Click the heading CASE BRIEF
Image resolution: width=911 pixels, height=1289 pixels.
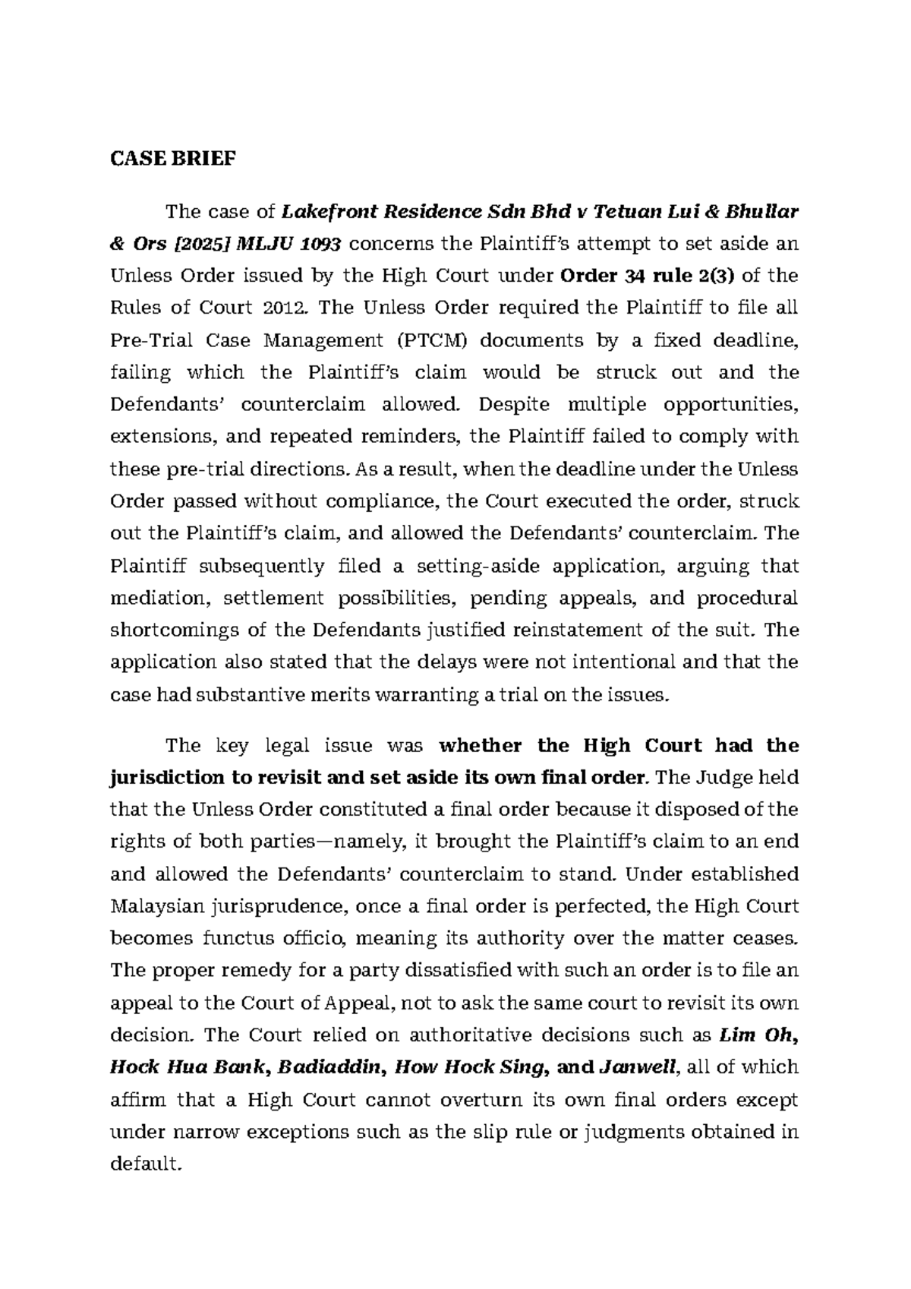point(173,159)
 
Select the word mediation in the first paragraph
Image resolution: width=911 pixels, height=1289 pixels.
point(158,598)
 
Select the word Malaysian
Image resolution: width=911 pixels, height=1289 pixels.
point(157,906)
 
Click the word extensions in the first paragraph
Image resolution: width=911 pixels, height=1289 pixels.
point(156,437)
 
